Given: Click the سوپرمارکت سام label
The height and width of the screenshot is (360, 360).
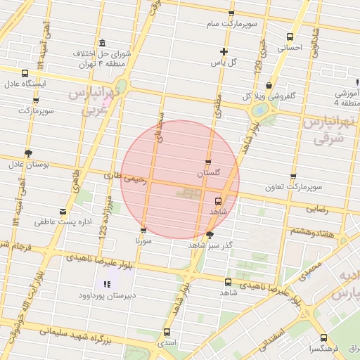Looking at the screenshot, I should click(231, 24).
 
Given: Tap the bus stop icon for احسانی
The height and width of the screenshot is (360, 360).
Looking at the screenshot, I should click(290, 38).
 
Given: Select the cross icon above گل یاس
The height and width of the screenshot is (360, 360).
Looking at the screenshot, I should click(224, 51).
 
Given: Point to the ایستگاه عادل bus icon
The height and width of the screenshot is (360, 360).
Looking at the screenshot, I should click(25, 73).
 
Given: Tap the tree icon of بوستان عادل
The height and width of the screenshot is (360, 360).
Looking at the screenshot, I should click(28, 153).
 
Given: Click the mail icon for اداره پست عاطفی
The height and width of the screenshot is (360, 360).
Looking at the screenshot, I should click(64, 211).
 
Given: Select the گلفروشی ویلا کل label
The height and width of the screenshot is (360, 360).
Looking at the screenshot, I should click(269, 95).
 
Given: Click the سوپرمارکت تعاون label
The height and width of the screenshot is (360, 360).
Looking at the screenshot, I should click(293, 187).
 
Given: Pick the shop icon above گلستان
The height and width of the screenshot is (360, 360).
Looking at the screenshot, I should click(208, 162).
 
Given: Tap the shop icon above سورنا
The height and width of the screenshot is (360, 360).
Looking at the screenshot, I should click(143, 229).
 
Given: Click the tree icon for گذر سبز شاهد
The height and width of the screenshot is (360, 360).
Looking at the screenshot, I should click(210, 235).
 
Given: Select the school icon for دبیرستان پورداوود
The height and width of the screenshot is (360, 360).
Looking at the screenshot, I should click(107, 285).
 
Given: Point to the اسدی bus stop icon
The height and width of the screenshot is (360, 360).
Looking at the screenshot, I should click(167, 332).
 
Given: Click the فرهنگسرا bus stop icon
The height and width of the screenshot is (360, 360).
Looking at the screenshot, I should click(324, 337).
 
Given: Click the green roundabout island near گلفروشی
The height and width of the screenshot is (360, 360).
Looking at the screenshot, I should click(259, 110).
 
